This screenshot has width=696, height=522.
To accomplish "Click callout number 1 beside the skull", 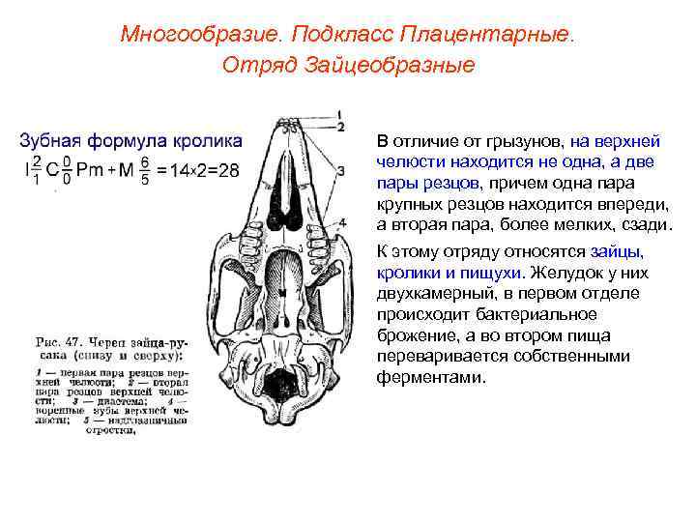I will click(x=341, y=113).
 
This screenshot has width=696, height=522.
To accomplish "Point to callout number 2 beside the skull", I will click(x=341, y=127).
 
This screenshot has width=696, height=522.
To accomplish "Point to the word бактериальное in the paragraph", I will click(x=538, y=314).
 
